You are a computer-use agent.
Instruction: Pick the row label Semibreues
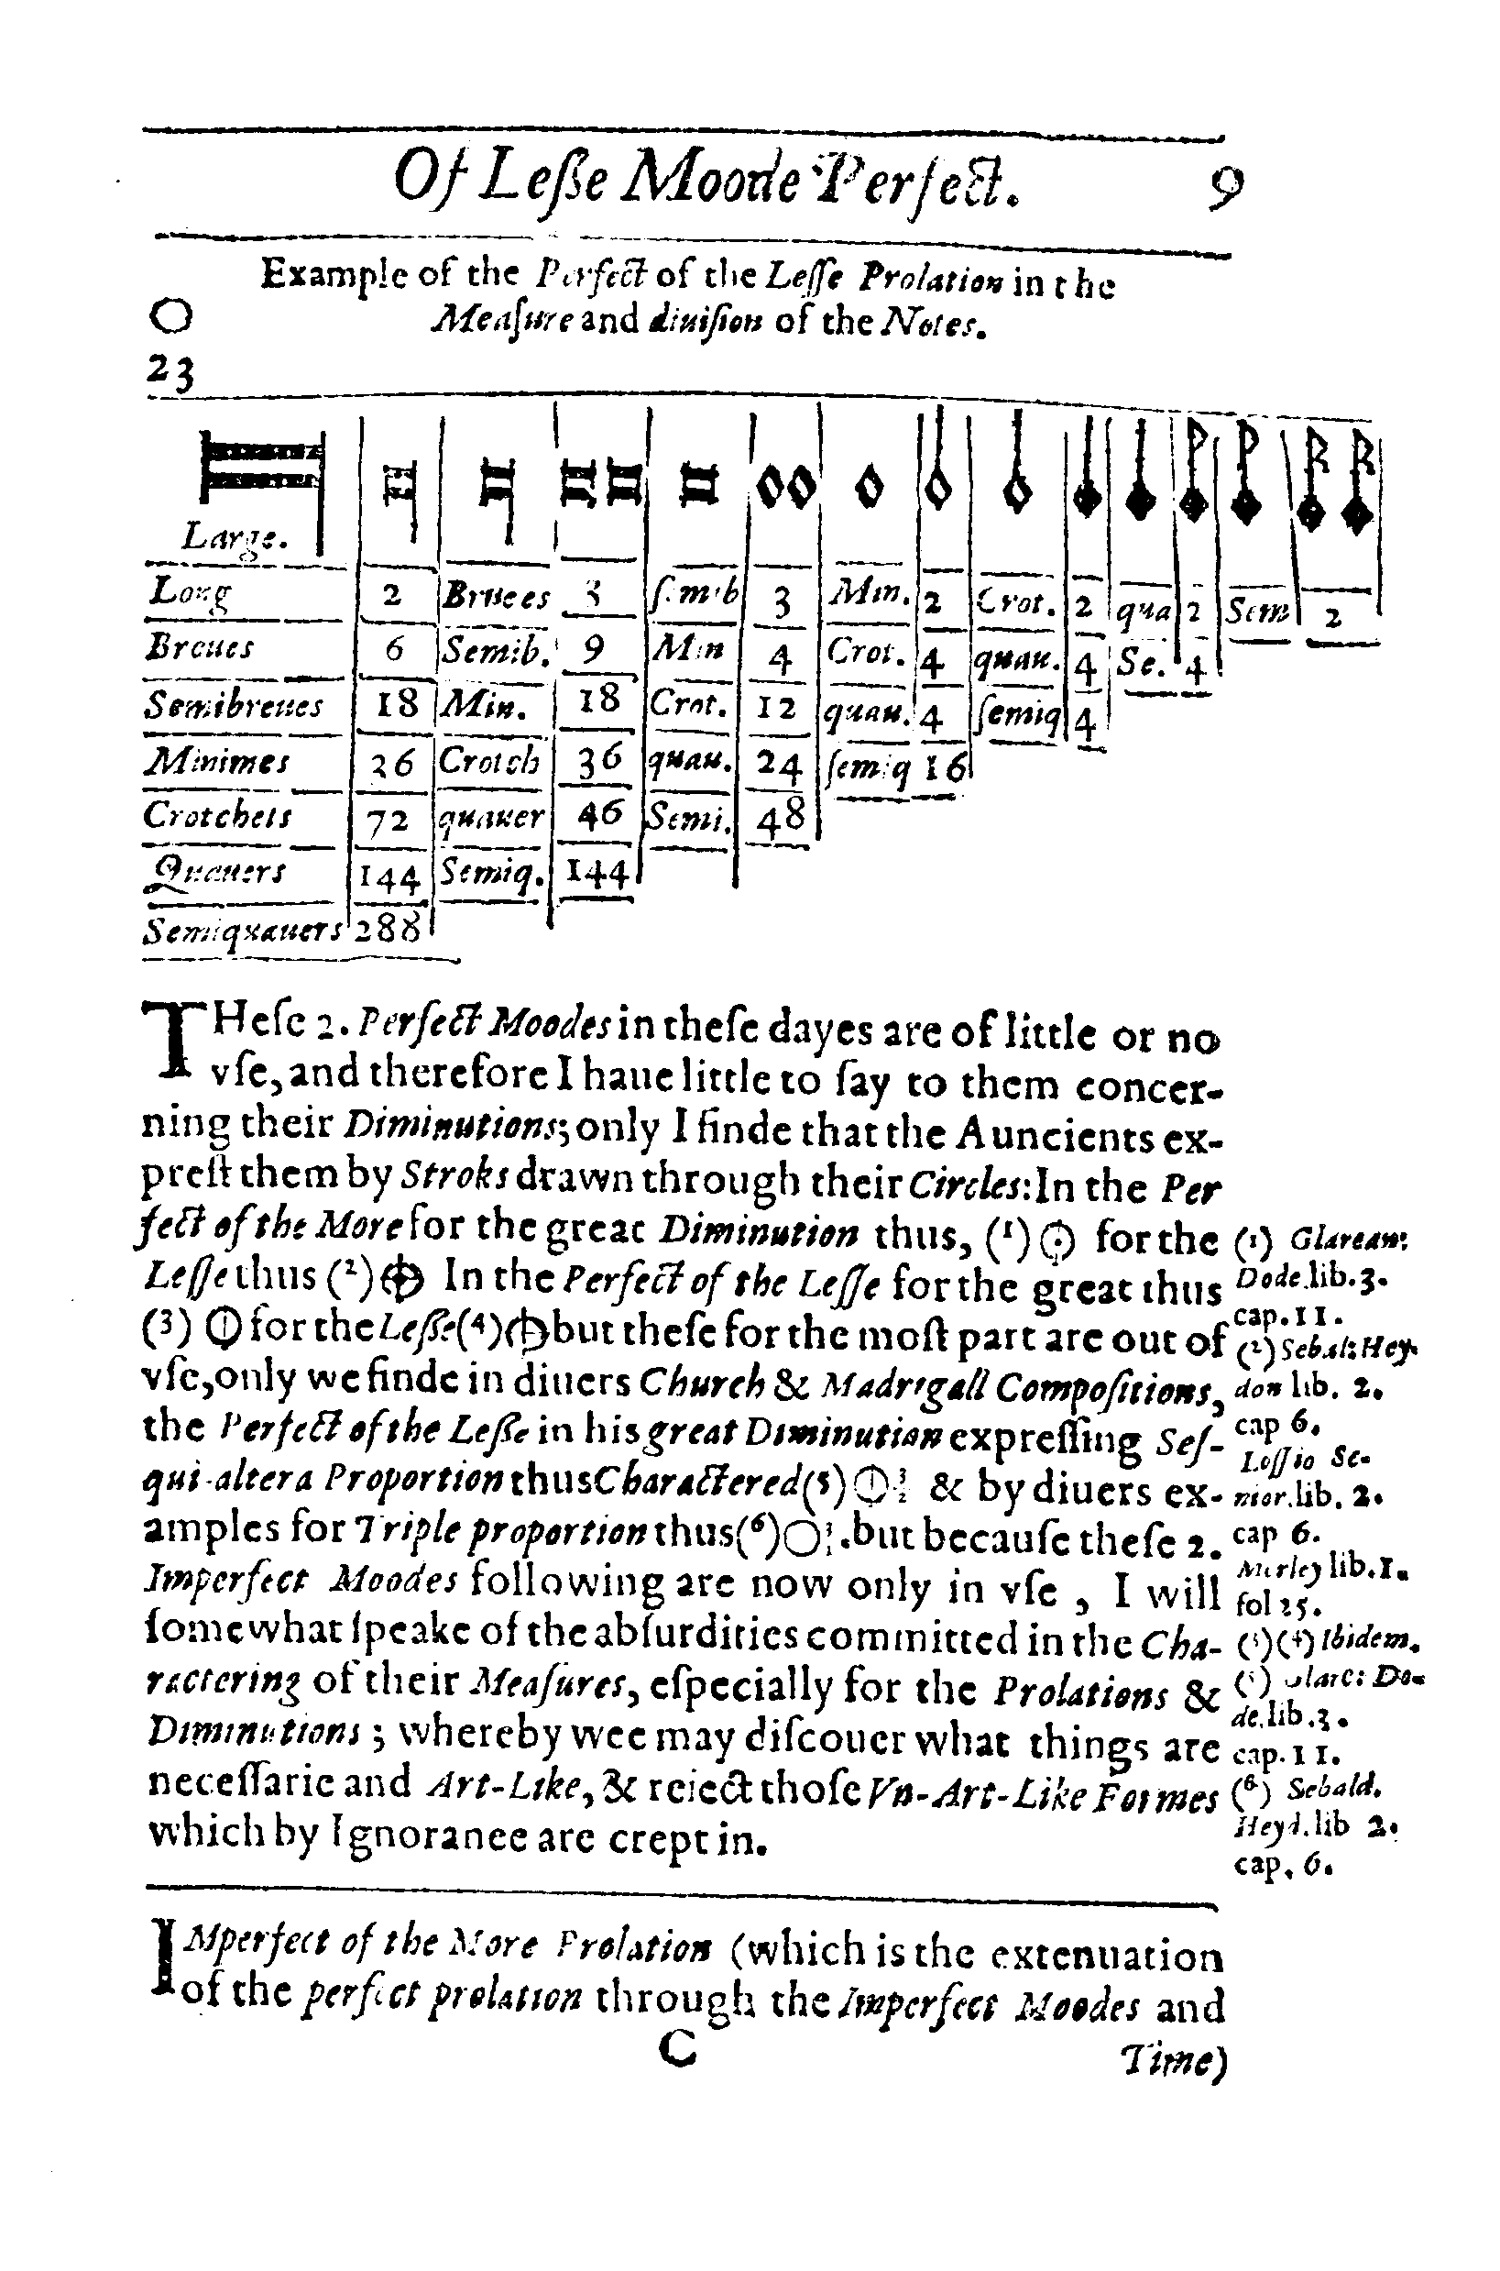coord(235,705)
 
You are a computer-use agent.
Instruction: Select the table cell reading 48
coord(782,818)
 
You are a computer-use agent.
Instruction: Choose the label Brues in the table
coord(496,598)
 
